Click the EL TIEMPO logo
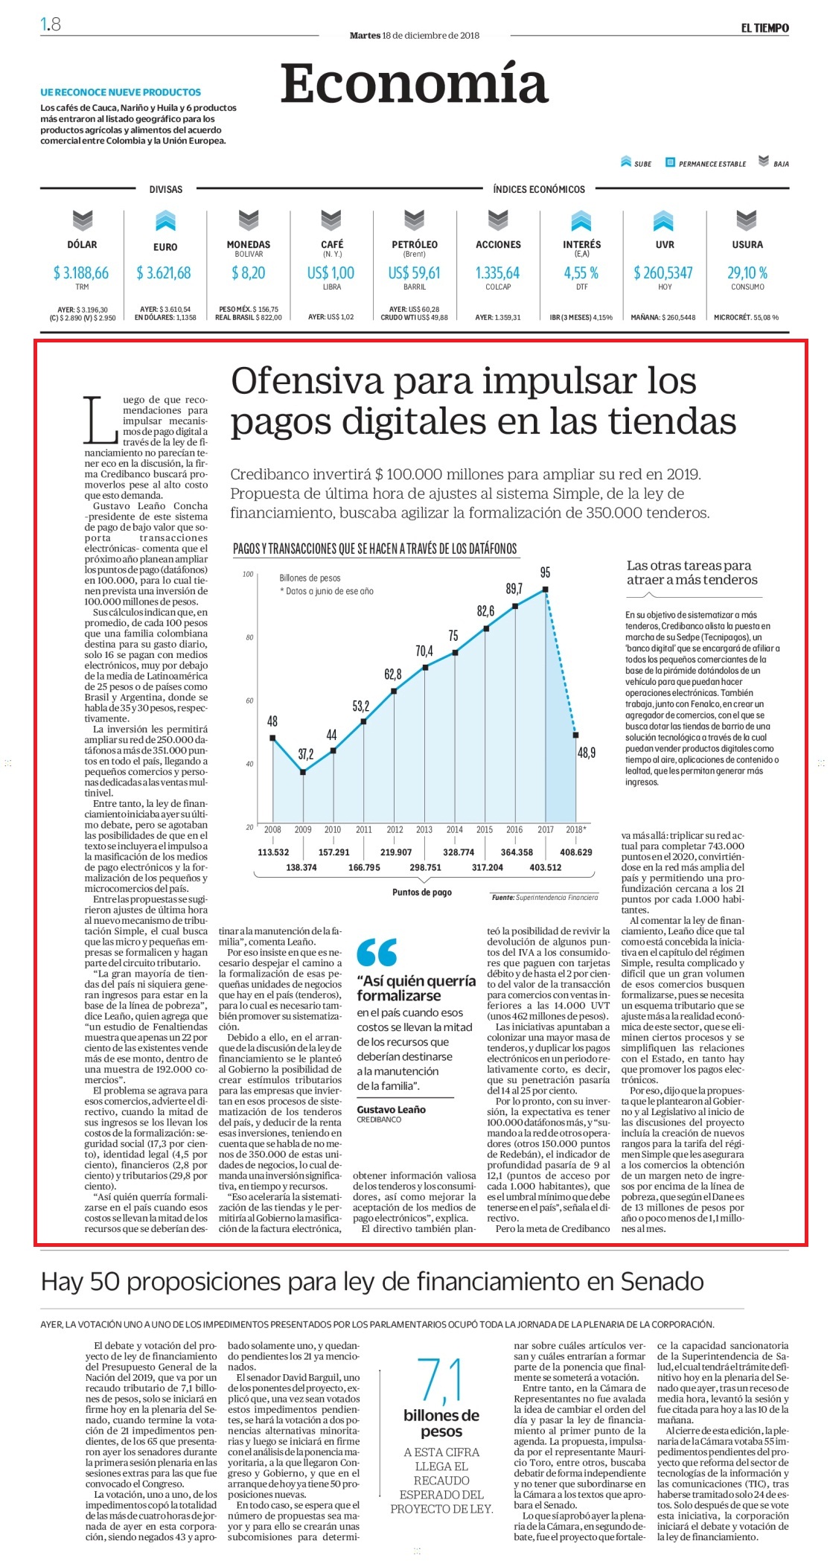point(764,28)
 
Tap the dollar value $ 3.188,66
point(81,273)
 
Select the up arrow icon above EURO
point(165,220)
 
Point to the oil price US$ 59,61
point(414,273)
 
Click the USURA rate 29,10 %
point(747,273)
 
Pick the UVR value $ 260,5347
point(663,273)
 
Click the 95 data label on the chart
point(546,572)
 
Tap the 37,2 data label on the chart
point(306,754)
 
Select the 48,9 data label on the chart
point(587,753)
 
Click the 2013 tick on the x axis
point(424,829)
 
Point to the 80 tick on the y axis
point(249,637)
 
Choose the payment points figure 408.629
point(576,852)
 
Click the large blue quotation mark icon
point(377,952)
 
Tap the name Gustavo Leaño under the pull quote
point(392,1109)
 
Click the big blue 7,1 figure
point(441,1379)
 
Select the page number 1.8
point(51,25)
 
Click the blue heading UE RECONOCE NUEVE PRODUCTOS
point(121,92)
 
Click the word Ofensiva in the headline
point(307,381)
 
